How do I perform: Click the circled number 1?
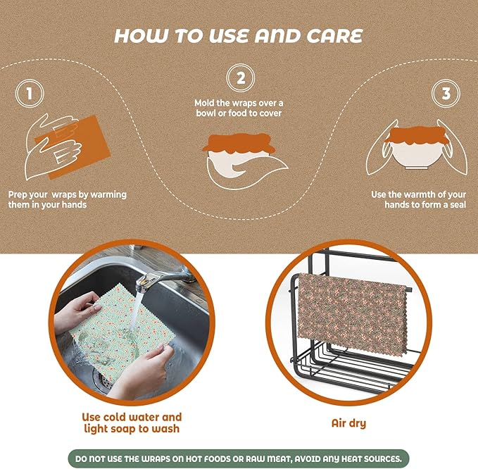coord(30,94)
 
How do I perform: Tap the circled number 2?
coord(241,77)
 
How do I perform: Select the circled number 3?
coord(446,94)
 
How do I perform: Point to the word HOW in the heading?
coord(141,36)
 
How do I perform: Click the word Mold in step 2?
coord(205,103)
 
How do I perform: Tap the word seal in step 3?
coord(458,205)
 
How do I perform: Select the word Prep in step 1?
coord(19,195)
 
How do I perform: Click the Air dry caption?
coord(348,423)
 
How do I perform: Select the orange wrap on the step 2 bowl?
coord(238,143)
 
